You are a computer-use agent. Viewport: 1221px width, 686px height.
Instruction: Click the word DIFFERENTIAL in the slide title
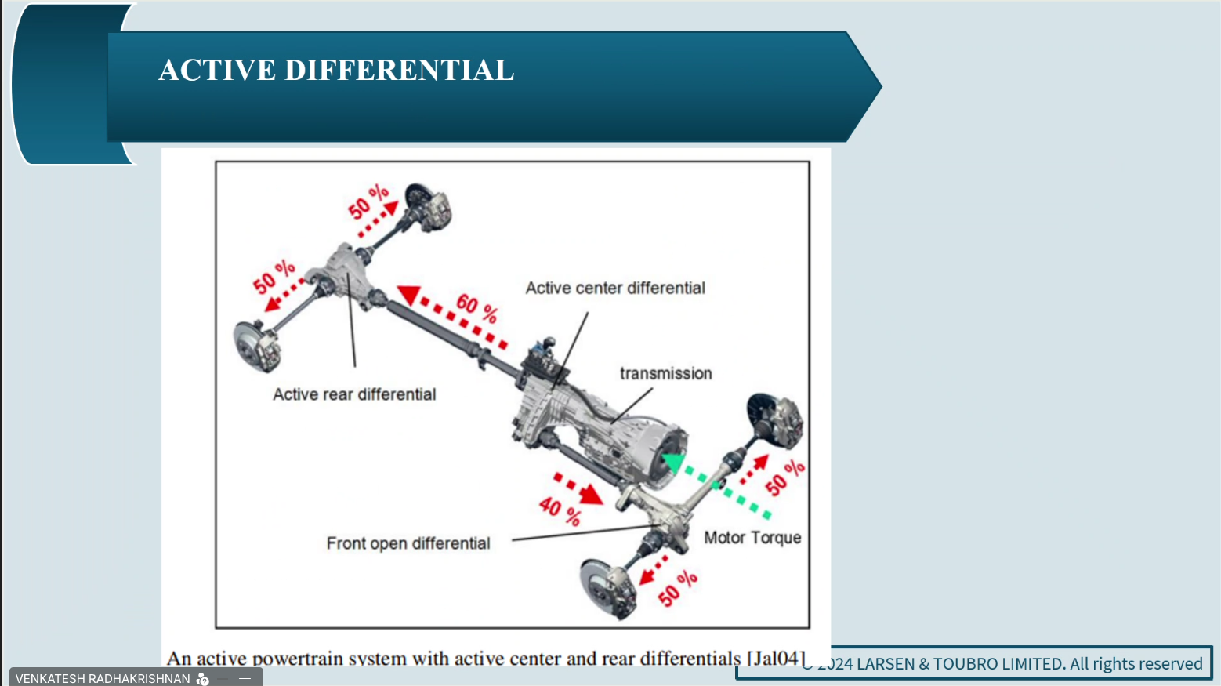[x=399, y=70]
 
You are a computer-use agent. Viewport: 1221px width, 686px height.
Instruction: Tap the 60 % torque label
[x=477, y=307]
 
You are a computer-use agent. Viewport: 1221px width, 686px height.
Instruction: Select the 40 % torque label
[x=560, y=510]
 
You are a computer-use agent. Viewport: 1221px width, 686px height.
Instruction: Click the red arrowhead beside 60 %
[x=409, y=295]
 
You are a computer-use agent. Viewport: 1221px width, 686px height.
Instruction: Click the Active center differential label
[x=615, y=288]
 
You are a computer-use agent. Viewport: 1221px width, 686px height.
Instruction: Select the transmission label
[x=665, y=373]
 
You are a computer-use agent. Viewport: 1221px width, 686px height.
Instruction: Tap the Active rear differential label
[x=354, y=394]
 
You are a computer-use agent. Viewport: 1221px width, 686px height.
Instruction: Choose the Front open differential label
[x=408, y=543]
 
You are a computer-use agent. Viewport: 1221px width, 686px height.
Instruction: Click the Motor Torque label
[x=752, y=538]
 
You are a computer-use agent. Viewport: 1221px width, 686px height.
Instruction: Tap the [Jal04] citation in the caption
[x=776, y=658]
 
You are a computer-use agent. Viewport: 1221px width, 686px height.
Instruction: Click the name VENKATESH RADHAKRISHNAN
[x=103, y=678]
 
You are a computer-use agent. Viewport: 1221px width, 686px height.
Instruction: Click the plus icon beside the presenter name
[x=245, y=678]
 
